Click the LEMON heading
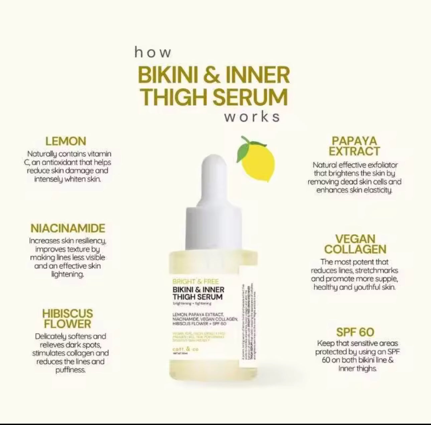click(x=66, y=141)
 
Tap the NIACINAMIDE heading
click(x=68, y=228)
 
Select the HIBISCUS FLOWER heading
click(x=67, y=319)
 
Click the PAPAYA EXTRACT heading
click(x=354, y=146)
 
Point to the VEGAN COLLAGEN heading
click(x=355, y=244)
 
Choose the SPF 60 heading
click(x=355, y=332)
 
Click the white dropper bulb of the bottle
click(x=213, y=177)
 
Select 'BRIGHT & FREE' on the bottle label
click(x=195, y=281)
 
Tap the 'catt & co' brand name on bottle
click(x=185, y=349)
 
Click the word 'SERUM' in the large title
click(x=250, y=97)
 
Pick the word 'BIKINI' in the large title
click(x=167, y=75)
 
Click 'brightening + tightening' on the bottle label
click(x=192, y=303)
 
